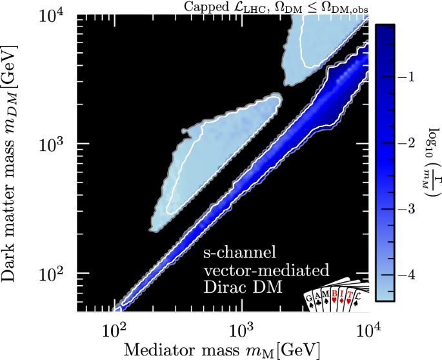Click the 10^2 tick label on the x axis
coord(115,331)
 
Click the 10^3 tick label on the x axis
coord(241,331)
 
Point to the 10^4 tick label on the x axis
coord(367,331)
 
